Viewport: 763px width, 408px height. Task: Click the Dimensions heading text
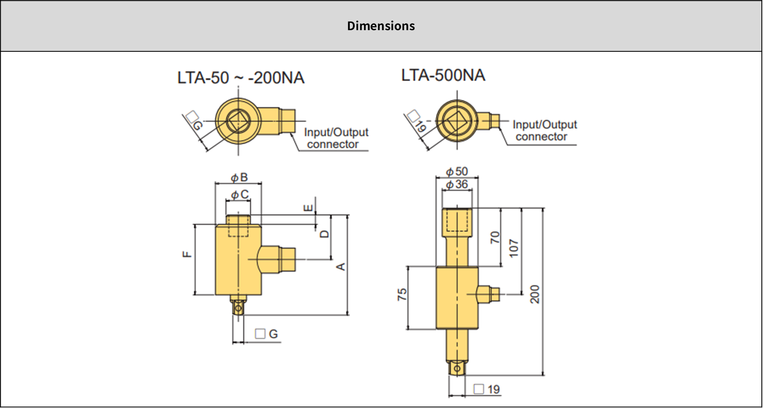(x=381, y=26)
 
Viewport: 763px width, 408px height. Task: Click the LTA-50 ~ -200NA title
(x=241, y=77)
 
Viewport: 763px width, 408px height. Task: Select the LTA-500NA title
(x=443, y=75)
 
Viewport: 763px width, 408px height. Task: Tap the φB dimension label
(x=239, y=177)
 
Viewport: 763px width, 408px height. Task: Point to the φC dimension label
(x=240, y=195)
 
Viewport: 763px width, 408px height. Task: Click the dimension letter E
(x=309, y=208)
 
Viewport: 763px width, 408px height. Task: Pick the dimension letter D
(x=324, y=234)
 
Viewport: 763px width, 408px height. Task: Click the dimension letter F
(x=187, y=254)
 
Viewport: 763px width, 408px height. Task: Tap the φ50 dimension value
(x=457, y=171)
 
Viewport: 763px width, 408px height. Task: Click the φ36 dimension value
(x=457, y=185)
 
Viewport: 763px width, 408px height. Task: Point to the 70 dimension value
(x=495, y=237)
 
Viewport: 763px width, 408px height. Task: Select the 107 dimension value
(x=514, y=248)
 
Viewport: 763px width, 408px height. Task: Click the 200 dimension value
(x=535, y=294)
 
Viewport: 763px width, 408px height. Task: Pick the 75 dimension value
(x=402, y=295)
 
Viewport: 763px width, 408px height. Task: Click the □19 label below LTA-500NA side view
(x=487, y=389)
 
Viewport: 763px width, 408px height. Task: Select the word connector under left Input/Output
(x=333, y=144)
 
